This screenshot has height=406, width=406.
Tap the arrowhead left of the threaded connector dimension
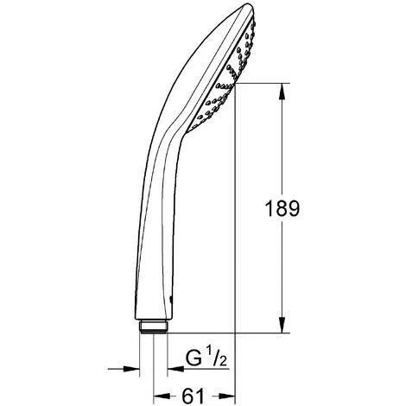pyautogui.click(x=130, y=370)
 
